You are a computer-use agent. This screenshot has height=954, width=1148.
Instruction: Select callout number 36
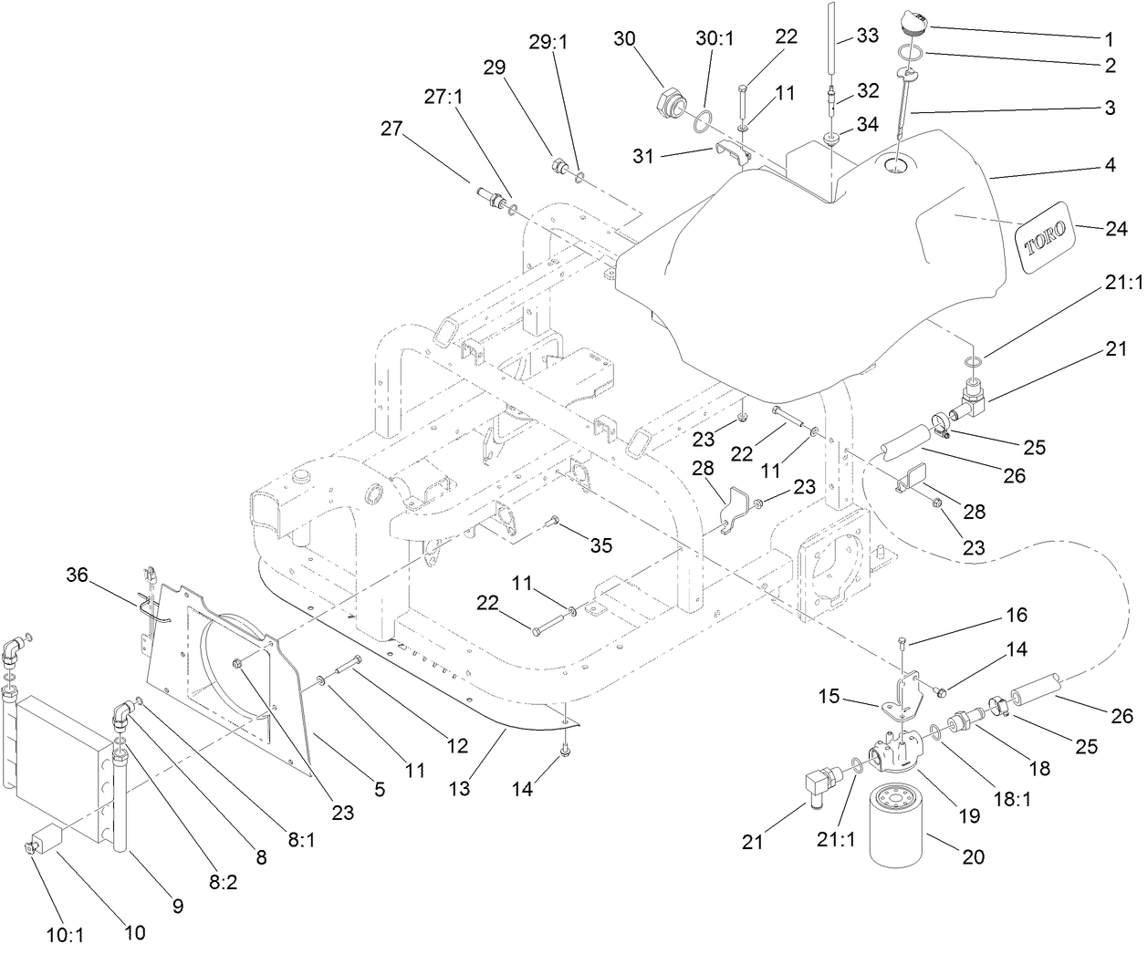(x=79, y=575)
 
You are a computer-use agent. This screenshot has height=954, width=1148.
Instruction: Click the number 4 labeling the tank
(x=1110, y=167)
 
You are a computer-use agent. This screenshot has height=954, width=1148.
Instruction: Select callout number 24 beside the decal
(x=1116, y=230)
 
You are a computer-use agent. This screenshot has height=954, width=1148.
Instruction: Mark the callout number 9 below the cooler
(x=177, y=906)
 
